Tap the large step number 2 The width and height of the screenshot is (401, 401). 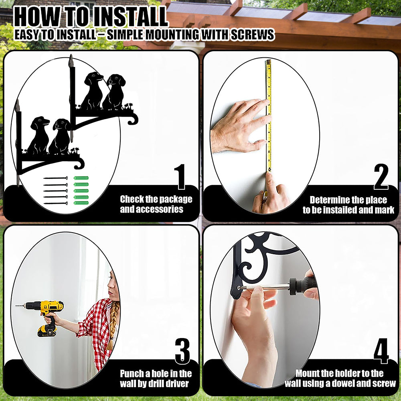pyautogui.click(x=381, y=176)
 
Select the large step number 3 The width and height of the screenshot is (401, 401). pyautogui.click(x=182, y=351)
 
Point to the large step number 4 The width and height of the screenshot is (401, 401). pyautogui.click(x=381, y=351)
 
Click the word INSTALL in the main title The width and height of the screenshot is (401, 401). pyautogui.click(x=130, y=17)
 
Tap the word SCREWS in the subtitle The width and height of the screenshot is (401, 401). pyautogui.click(x=252, y=34)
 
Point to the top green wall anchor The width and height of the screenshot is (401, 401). pyautogui.click(x=81, y=178)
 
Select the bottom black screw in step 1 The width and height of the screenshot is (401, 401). pyautogui.click(x=55, y=203)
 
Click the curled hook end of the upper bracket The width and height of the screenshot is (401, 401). pyautogui.click(x=134, y=119)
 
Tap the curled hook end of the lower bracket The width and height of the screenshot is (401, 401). pyautogui.click(x=79, y=164)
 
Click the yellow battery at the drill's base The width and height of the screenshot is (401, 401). pyautogui.click(x=47, y=331)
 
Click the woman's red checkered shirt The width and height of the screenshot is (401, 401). pyautogui.click(x=96, y=330)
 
